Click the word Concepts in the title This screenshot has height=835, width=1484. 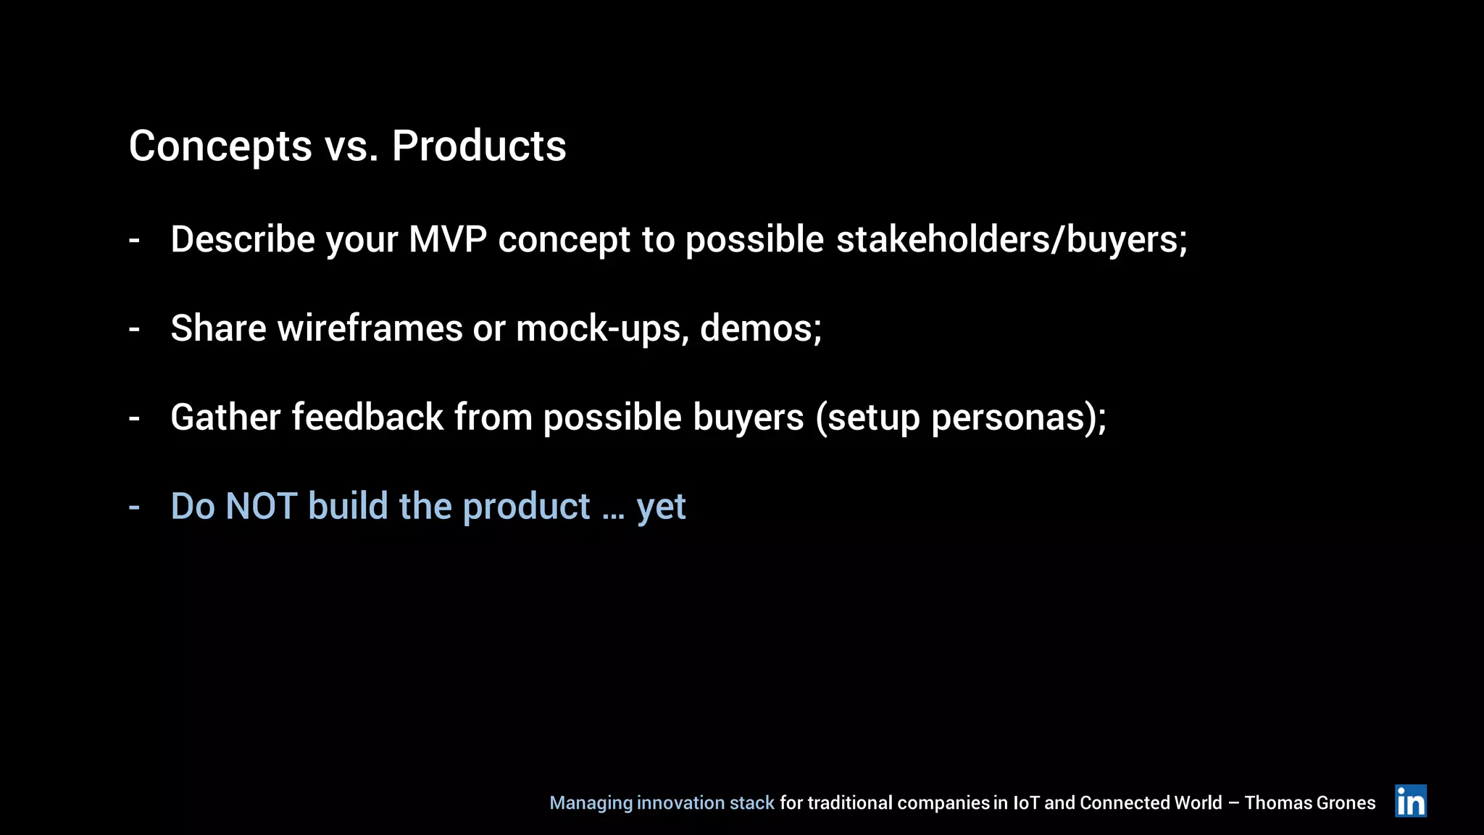point(220,147)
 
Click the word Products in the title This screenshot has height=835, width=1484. point(479,146)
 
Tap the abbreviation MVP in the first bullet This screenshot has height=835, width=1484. point(447,239)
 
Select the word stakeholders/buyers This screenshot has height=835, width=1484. point(1010,239)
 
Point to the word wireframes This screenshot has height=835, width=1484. point(370,328)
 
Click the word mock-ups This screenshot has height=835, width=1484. point(602,328)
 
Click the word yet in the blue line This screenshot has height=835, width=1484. point(661,507)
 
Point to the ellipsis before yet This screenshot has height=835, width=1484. point(613,515)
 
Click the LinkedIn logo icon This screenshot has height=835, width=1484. point(1410,801)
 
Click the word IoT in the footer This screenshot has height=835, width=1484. point(1025,803)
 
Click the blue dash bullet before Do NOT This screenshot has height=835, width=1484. point(134,507)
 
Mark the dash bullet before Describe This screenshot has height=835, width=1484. point(134,241)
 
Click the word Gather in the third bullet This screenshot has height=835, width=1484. point(225,417)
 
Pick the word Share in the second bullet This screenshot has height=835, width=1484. point(218,328)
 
